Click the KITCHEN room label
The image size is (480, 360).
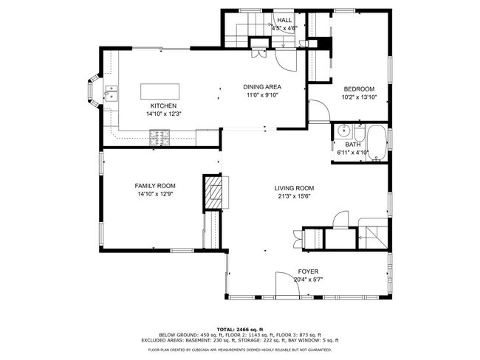163,105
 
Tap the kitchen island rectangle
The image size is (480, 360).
160,91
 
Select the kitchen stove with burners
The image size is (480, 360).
160,137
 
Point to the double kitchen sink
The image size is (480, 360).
112,93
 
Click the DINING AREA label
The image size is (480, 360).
262,87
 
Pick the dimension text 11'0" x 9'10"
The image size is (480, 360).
262,95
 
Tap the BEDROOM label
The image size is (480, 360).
359,89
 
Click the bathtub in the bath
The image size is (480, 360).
377,142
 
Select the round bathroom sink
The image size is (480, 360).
344,131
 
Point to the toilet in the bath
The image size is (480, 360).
360,133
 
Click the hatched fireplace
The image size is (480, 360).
212,193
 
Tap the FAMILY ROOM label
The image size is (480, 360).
155,186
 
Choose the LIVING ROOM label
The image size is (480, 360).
294,188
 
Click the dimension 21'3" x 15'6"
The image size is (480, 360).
294,196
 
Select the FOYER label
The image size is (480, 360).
308,271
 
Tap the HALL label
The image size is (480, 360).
285,20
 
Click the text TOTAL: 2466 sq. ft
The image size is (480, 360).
240,330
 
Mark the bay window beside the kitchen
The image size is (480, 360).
92,91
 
